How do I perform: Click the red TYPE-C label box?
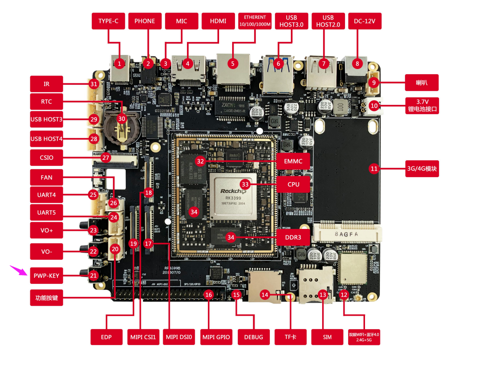click(x=109, y=21)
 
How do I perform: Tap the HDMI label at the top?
click(x=218, y=21)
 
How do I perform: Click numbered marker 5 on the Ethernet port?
click(x=233, y=62)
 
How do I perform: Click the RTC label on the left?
click(x=46, y=102)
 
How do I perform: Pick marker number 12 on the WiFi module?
click(x=344, y=295)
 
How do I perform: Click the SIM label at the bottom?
click(x=327, y=337)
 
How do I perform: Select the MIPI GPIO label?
click(x=216, y=337)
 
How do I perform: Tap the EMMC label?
click(x=293, y=161)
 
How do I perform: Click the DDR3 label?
click(x=293, y=237)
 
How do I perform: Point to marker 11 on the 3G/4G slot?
click(x=373, y=169)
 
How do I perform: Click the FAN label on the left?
click(x=46, y=177)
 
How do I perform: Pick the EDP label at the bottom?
click(x=106, y=337)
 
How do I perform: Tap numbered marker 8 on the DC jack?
click(x=358, y=63)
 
